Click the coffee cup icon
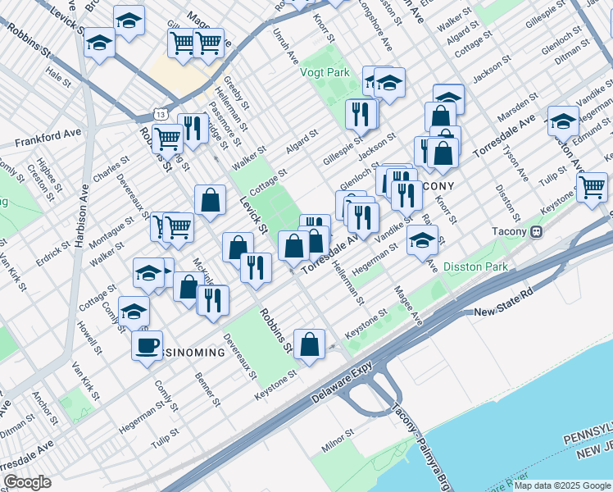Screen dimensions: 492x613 click(147, 345)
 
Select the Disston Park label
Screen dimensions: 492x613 click(475, 266)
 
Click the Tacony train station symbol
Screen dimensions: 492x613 click(537, 231)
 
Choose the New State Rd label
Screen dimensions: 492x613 click(504, 312)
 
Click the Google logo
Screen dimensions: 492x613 click(27, 482)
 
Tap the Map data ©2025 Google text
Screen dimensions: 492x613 click(562, 485)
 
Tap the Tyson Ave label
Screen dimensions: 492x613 click(516, 164)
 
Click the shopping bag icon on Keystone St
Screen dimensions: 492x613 click(309, 345)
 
